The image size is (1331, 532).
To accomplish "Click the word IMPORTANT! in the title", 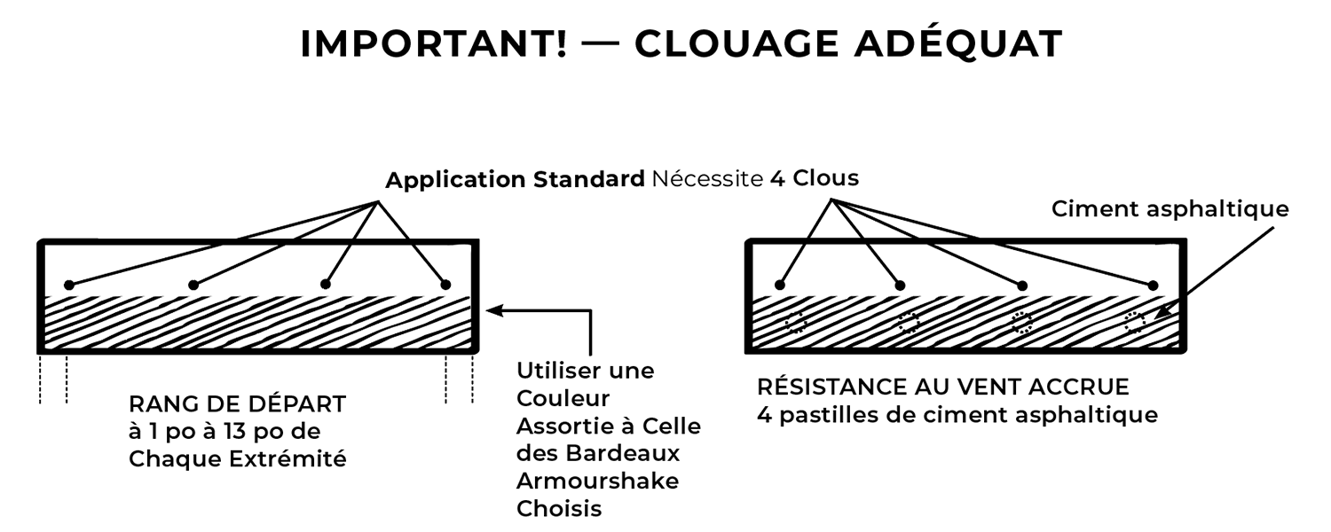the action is click(x=434, y=44).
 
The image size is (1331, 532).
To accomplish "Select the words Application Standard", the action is click(x=515, y=179).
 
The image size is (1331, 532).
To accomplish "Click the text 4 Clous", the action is click(x=815, y=178).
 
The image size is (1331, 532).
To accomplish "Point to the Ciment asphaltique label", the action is click(x=1170, y=209).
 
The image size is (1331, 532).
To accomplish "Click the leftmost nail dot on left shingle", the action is click(x=69, y=285).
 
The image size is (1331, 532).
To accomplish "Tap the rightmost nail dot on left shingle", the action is click(x=445, y=285).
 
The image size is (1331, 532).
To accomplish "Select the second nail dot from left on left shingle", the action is click(x=193, y=285).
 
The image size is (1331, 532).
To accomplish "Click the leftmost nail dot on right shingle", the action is click(x=780, y=285).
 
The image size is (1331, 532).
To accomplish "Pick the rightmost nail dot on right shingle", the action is click(x=1153, y=286).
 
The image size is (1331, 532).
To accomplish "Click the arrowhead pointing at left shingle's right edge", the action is click(x=494, y=310).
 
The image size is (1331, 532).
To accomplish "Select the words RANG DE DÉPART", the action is click(x=237, y=404).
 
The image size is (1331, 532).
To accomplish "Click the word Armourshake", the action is click(x=598, y=481).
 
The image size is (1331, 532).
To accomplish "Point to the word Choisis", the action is click(x=559, y=509).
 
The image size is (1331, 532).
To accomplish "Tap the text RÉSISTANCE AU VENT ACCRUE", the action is click(x=943, y=387).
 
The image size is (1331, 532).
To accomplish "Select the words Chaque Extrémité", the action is click(x=238, y=459).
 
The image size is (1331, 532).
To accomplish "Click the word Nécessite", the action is click(x=707, y=179).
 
